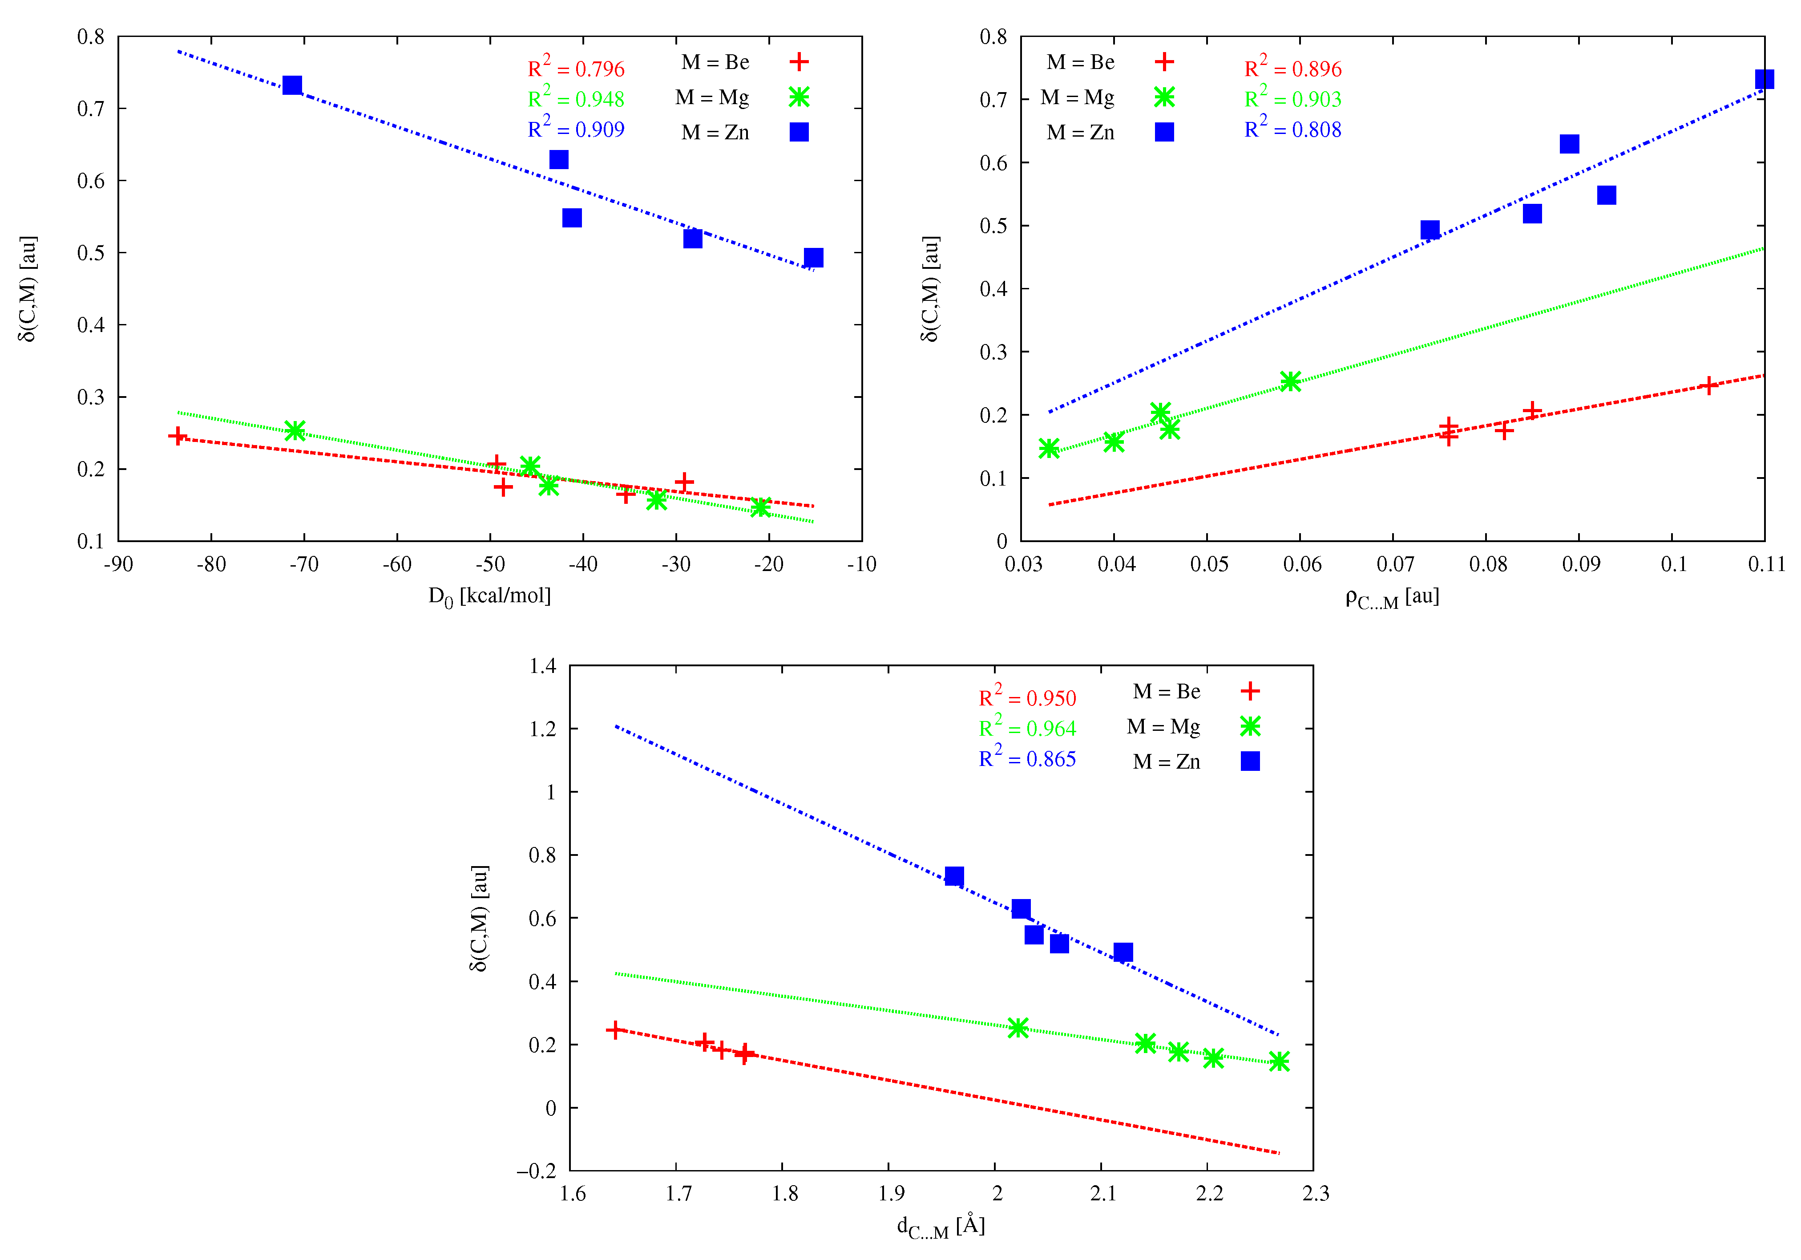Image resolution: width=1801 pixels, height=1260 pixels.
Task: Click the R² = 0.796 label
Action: [576, 68]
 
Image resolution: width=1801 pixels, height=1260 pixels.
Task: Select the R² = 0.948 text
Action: [576, 99]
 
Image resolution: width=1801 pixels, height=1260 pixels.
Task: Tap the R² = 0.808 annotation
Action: [1293, 130]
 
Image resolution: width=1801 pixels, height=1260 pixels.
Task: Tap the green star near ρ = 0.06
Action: [1290, 381]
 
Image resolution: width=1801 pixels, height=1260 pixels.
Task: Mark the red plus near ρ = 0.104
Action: [1708, 385]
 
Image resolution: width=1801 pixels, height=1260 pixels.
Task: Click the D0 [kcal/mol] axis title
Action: [489, 596]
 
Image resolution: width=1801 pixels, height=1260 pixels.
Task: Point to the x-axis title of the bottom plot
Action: [941, 1225]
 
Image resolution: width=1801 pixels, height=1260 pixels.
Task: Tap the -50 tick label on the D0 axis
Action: [489, 564]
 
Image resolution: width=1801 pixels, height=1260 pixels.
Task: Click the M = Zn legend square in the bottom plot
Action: [1250, 761]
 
